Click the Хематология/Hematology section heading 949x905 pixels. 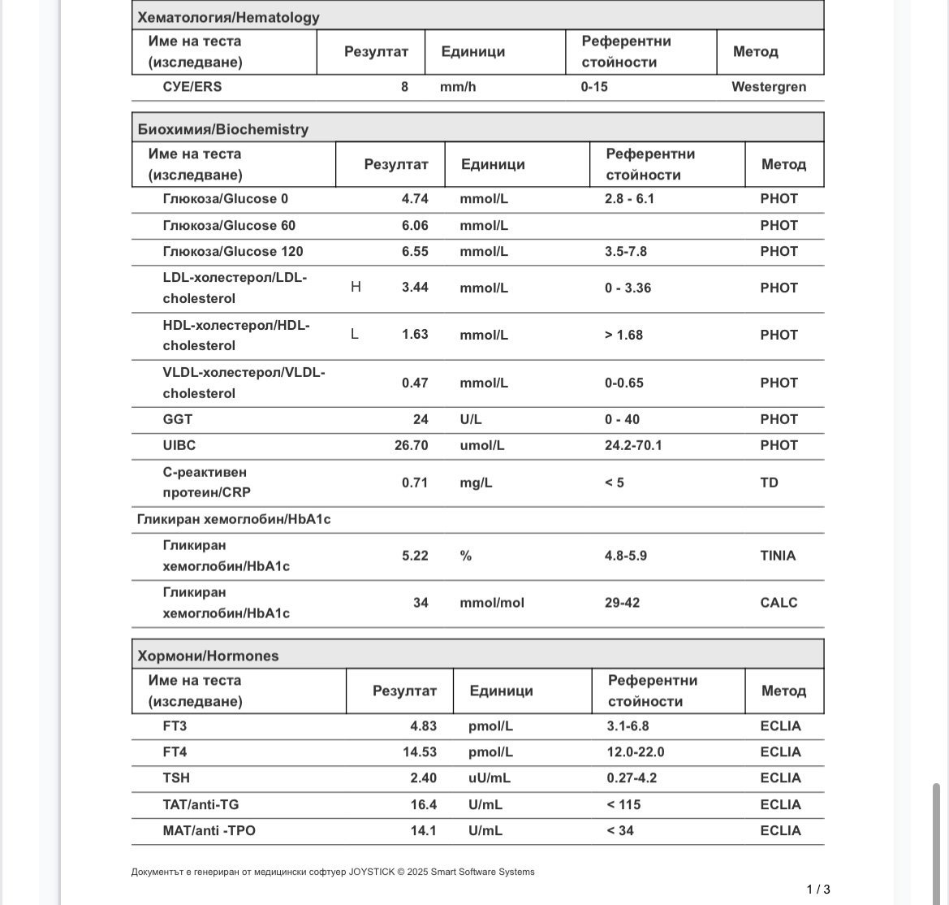click(x=228, y=17)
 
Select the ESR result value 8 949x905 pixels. click(x=404, y=87)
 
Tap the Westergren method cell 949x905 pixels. click(x=768, y=87)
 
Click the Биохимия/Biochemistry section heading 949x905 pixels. click(x=223, y=129)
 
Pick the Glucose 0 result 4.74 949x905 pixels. click(x=415, y=199)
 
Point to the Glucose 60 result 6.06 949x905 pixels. click(x=415, y=226)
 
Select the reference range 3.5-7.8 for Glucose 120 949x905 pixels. click(x=626, y=252)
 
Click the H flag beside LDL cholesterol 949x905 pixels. click(x=356, y=287)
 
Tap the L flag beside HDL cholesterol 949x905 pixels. click(x=355, y=334)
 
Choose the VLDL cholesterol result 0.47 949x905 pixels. click(x=415, y=383)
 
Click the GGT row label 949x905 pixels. click(x=178, y=420)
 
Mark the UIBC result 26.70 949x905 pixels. click(x=412, y=446)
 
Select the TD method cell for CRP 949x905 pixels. click(x=769, y=483)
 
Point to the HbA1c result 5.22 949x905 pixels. click(x=415, y=556)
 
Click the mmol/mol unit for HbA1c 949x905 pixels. click(x=492, y=603)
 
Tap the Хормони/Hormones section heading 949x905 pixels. click(x=208, y=656)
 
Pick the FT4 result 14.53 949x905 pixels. click(x=420, y=752)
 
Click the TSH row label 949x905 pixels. click(x=176, y=778)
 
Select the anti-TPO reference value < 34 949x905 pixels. click(x=620, y=831)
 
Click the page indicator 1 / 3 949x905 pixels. click(x=818, y=890)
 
